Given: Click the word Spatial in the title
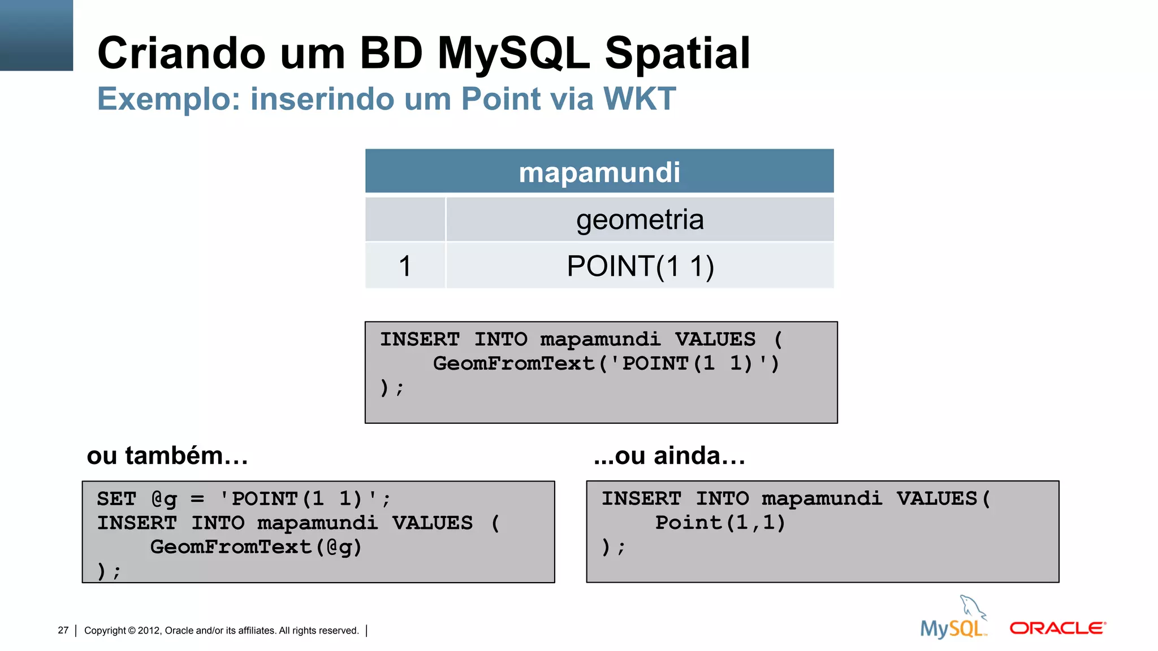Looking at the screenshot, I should coord(677,54).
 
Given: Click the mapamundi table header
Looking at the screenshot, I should coord(599,172).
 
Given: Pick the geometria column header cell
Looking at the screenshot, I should coord(640,219).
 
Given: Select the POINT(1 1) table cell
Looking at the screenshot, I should coord(640,266).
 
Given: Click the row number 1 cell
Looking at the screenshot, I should coord(405,266).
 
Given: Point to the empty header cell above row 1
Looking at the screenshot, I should coord(405,219).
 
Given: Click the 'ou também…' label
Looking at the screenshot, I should coord(167,455).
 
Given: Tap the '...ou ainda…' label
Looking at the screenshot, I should coord(669,455).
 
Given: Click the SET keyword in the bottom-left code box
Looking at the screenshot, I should coord(116,499).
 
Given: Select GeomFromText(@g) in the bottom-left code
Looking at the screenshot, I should coord(256,547).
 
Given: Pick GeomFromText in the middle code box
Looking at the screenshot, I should coord(513,363).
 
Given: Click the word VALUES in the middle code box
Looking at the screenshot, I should coord(715,339).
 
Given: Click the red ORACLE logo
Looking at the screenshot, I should coord(1057,628).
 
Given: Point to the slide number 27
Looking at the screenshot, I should coord(63,630).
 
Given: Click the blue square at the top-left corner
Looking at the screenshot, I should coord(36,35).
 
